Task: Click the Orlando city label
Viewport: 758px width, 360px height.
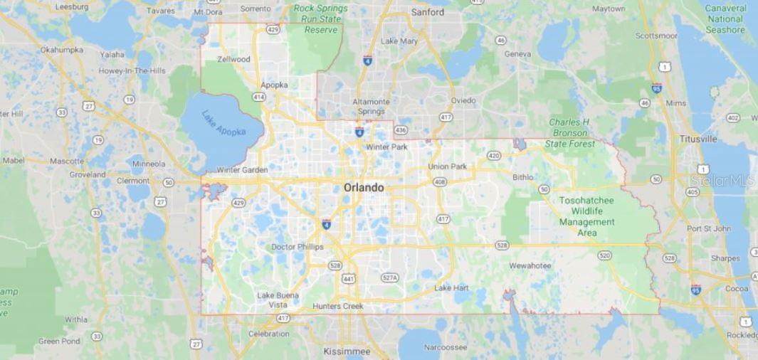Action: point(364,188)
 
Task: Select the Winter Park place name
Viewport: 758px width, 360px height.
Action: point(386,147)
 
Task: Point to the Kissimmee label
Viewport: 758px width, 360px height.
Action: point(347,351)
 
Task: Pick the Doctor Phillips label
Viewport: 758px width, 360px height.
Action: point(297,247)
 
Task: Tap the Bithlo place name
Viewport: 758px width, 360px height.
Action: point(522,177)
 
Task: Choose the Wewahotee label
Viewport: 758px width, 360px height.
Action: point(530,265)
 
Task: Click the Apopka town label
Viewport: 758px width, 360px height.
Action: point(274,85)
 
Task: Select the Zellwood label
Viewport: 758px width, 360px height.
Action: point(233,59)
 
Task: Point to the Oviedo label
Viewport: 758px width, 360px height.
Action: point(463,100)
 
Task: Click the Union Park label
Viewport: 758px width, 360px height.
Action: point(447,166)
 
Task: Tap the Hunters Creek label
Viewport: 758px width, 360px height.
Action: point(338,306)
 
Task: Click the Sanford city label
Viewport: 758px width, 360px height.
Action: point(427,12)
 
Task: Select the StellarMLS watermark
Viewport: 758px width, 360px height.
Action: point(722,181)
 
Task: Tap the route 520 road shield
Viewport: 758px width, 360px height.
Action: point(605,255)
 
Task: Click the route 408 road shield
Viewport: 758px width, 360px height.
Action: point(440,182)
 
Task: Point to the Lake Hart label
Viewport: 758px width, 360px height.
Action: point(452,288)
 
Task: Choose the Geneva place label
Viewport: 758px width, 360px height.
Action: point(517,54)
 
